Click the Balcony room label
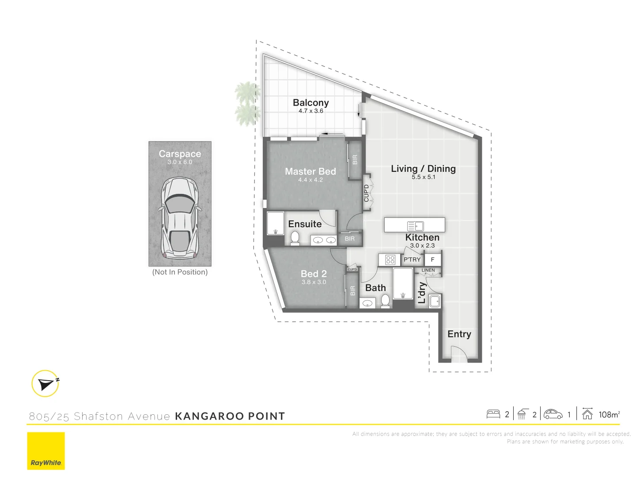click(310, 102)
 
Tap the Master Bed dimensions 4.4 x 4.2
click(310, 180)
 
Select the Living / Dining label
click(423, 169)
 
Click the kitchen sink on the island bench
click(415, 226)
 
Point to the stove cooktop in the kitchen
click(390, 260)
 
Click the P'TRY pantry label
click(412, 260)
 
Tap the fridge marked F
click(433, 260)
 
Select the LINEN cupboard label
click(428, 270)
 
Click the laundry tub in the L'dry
click(435, 301)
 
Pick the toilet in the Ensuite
click(295, 238)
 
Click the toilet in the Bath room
click(385, 301)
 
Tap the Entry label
click(459, 334)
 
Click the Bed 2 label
click(314, 274)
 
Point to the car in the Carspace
click(180, 218)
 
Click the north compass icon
click(45, 383)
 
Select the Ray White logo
click(46, 451)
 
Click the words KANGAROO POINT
click(230, 416)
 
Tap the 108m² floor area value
click(609, 414)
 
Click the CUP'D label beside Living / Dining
click(366, 193)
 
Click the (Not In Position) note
click(180, 272)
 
